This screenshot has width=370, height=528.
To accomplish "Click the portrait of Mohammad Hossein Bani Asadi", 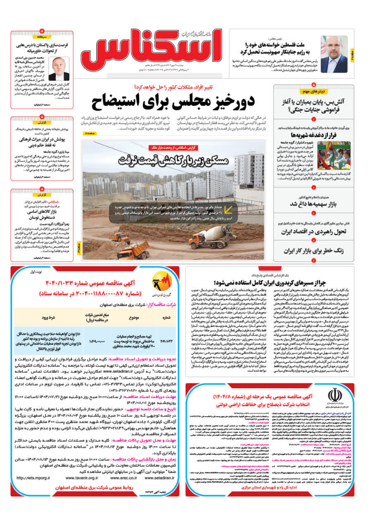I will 59,68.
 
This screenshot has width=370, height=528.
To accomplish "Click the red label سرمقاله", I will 42,37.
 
